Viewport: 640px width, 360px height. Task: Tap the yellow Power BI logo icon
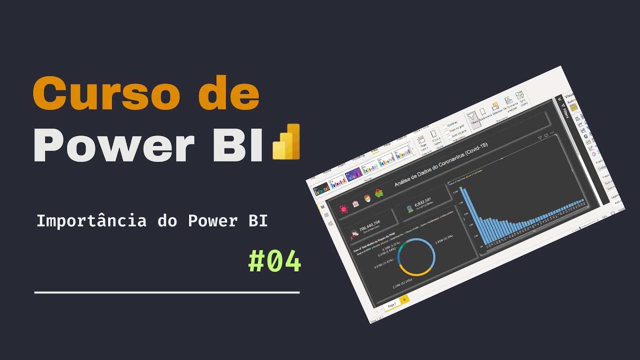pos(286,142)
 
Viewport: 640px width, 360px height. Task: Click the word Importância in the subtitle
pos(91,221)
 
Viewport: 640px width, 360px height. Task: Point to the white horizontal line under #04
pos(167,292)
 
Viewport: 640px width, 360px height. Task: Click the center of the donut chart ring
pos(416,257)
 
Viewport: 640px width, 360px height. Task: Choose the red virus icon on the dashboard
pos(343,209)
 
